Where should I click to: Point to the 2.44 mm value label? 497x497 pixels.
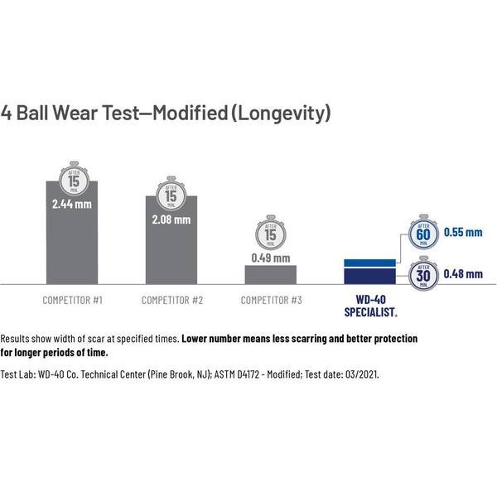(x=72, y=204)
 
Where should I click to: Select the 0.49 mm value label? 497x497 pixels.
(x=271, y=258)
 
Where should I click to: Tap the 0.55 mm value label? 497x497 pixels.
(x=462, y=233)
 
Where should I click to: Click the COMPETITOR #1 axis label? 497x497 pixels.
(x=72, y=300)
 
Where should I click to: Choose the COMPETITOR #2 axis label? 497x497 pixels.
(x=171, y=300)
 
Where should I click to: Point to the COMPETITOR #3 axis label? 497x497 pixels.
(x=271, y=300)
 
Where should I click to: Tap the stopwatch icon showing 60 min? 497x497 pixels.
(x=423, y=234)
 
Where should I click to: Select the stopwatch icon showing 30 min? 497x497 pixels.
(x=423, y=273)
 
